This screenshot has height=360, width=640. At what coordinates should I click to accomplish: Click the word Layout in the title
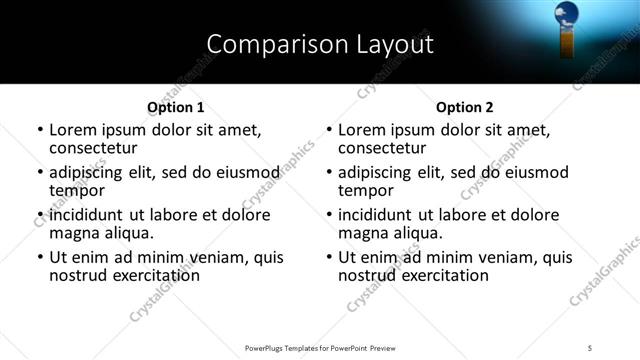pyautogui.click(x=395, y=45)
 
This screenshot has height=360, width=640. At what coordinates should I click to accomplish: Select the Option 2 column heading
pyautogui.click(x=464, y=107)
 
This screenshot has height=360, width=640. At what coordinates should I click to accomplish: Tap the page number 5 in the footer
pyautogui.click(x=590, y=347)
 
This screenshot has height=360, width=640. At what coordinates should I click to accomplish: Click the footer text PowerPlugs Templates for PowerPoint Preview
pyautogui.click(x=320, y=347)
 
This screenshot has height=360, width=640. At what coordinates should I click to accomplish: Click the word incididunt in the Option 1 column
pyautogui.click(x=89, y=215)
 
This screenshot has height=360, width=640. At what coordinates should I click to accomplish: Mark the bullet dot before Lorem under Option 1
pyautogui.click(x=40, y=130)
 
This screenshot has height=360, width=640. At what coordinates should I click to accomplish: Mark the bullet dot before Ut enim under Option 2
pyautogui.click(x=329, y=258)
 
